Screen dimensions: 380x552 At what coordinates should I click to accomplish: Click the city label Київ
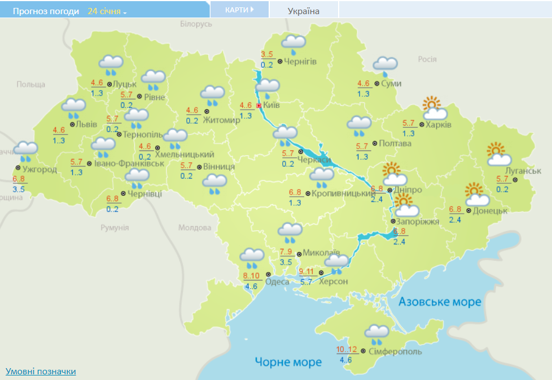[x=271, y=105]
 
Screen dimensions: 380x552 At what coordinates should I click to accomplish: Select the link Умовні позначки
[x=41, y=371]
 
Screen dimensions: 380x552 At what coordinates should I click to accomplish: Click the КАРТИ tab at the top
[x=239, y=10]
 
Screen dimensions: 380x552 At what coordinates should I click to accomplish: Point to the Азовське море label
[x=440, y=302]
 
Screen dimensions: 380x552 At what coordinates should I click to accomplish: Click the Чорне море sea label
[x=288, y=362]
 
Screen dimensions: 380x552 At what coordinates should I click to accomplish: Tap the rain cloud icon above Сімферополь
[x=376, y=334]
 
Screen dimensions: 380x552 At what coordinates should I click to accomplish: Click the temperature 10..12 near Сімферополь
[x=347, y=349]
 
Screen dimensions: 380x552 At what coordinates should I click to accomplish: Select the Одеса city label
[x=277, y=282]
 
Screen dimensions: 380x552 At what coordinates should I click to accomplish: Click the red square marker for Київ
[x=259, y=105]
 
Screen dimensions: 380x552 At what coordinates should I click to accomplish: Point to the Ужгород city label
[x=40, y=169]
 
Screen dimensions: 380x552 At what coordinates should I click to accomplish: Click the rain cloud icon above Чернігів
[x=293, y=43]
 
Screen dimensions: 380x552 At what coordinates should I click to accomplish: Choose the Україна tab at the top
[x=303, y=11]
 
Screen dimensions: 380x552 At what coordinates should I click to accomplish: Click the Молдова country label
[x=195, y=227]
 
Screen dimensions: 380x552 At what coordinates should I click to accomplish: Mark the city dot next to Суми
[x=376, y=84]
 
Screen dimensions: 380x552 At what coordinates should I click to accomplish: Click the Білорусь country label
[x=196, y=24]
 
